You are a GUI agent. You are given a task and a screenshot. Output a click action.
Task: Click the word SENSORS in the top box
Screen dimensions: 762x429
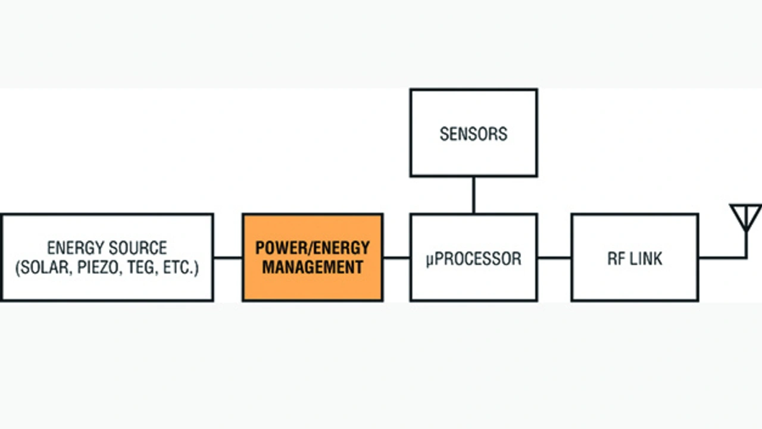pos(473,134)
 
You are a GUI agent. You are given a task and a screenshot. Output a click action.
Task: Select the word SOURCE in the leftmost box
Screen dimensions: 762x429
pos(139,248)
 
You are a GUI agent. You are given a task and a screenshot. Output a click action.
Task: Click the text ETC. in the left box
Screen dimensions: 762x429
pos(178,268)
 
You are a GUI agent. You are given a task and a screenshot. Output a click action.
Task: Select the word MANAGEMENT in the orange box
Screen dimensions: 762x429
pos(313,267)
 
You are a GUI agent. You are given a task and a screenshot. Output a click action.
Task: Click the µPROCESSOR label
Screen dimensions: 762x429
pos(473,259)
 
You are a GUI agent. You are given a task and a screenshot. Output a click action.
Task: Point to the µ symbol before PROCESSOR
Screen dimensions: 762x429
pos(430,260)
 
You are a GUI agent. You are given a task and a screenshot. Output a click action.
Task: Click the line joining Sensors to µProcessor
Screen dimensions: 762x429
pos(473,195)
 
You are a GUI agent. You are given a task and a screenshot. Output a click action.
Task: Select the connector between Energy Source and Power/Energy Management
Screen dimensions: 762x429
pos(228,258)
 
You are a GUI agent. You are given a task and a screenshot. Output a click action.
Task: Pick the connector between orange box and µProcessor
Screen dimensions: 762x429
pos(396,258)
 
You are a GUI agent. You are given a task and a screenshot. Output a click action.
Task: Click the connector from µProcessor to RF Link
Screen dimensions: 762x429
pos(554,258)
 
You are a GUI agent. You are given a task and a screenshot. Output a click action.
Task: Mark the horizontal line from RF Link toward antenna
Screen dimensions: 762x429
pos(723,258)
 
